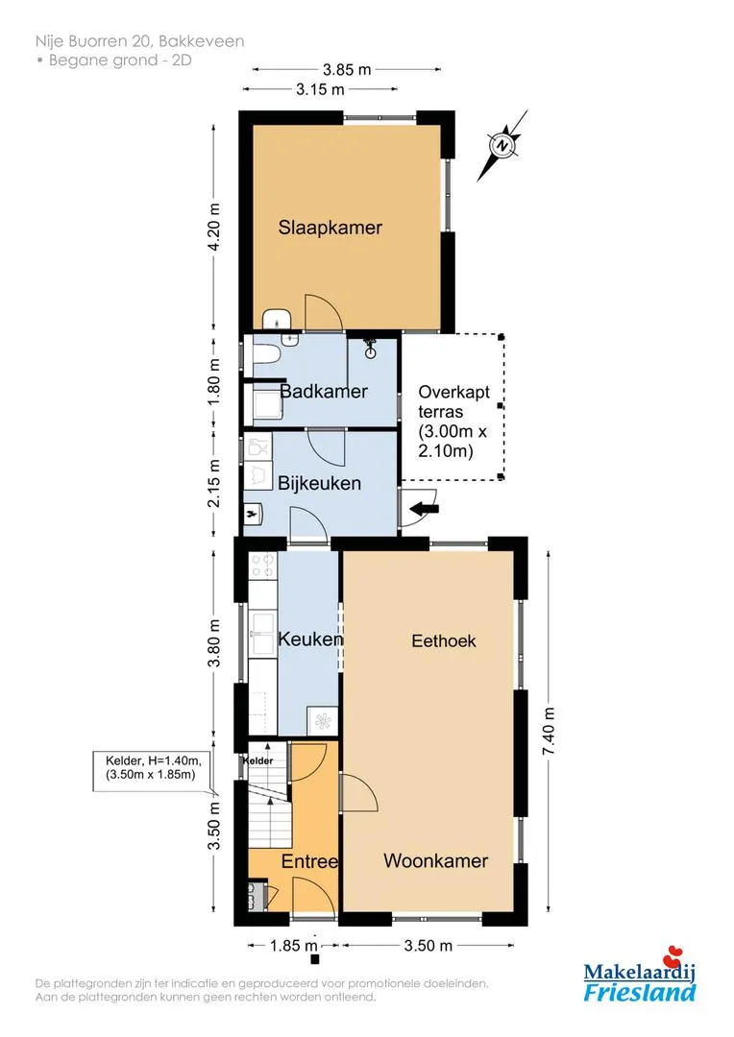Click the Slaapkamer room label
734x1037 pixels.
330,228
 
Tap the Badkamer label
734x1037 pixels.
324,391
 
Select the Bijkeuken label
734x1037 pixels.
319,483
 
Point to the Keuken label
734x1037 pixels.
310,639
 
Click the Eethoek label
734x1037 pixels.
444,640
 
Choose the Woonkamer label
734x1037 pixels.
435,861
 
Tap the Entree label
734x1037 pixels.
309,861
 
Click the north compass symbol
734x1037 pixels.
502,146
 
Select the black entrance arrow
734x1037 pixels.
425,508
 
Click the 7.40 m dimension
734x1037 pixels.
548,732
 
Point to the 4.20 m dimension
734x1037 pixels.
213,228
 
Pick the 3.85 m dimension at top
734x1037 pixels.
347,69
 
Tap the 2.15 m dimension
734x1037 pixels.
213,483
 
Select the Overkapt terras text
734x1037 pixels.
454,401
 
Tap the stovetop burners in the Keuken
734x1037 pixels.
261,565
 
